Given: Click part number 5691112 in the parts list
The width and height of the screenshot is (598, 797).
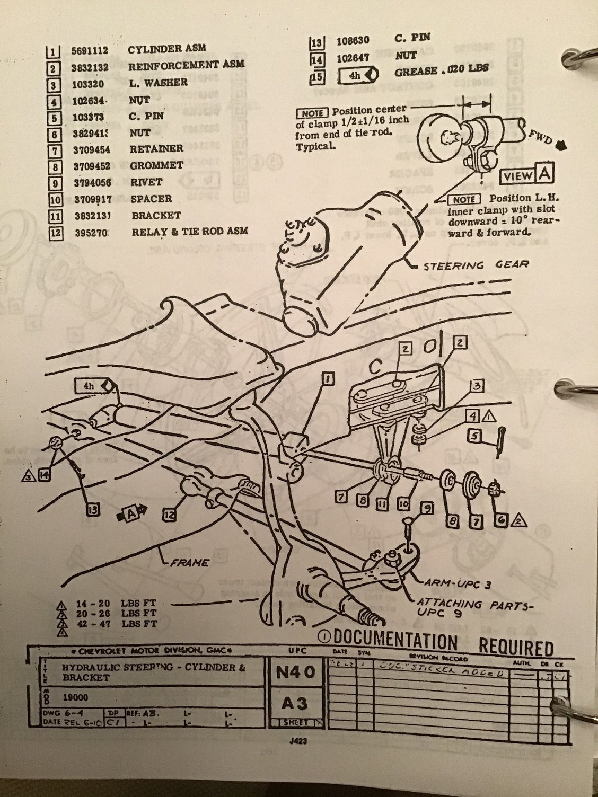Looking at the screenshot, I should coord(90,50).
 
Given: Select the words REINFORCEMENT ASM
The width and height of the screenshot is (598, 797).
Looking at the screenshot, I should coord(186,66).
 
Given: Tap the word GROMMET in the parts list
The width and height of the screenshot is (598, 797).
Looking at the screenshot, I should coord(156,165).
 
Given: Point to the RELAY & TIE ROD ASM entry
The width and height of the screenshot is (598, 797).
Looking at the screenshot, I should coord(189,232).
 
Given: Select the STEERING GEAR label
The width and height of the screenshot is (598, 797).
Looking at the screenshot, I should coord(475,265).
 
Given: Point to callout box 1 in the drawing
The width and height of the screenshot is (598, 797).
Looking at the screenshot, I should coord(328,378).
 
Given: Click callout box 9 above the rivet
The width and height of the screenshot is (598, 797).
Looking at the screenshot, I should coord(427,509).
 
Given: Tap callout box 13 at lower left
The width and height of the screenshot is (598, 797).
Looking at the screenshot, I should coord(94,509).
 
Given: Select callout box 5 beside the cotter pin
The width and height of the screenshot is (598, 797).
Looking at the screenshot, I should coord(473,436).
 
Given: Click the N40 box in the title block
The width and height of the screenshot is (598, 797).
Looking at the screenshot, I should coord(295,674).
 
